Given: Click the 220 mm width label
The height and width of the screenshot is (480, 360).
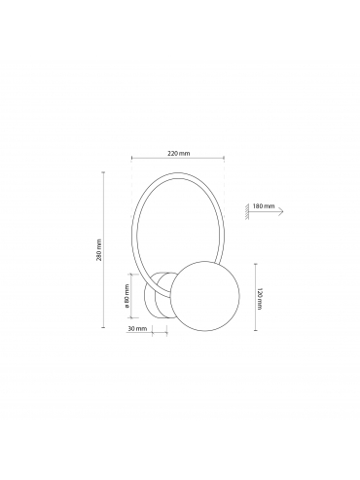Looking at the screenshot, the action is coord(178,153).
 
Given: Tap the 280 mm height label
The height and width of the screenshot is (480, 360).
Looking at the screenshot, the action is coord(99,250).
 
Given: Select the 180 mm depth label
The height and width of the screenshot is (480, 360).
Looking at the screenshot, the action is coord(264,206).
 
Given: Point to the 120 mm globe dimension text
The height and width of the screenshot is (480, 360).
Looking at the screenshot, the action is coord(260,298).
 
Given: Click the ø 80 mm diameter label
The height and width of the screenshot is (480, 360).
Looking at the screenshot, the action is coord(126,296).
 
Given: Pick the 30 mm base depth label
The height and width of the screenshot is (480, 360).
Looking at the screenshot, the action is coord(137,328).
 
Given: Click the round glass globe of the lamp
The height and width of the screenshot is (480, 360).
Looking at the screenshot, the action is coord(205,296).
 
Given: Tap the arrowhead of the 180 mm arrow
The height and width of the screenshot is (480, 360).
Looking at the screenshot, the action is coord(281,211).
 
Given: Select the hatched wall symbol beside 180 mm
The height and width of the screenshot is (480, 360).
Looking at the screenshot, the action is coord(247,211).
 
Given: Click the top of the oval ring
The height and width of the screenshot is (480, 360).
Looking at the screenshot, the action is coord(178,174).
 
